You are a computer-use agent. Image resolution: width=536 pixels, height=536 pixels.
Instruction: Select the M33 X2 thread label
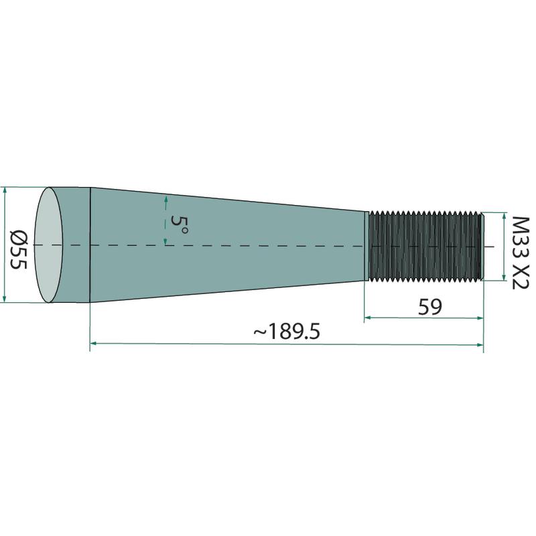tap(521, 253)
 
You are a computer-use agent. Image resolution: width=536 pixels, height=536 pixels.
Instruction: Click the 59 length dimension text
tap(429, 307)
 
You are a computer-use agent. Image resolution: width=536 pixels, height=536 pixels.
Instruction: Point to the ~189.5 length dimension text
tap(287, 332)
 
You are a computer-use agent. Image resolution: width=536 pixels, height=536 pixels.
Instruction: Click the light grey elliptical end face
tap(48, 245)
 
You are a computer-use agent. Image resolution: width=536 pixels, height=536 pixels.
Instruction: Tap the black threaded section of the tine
tap(425, 246)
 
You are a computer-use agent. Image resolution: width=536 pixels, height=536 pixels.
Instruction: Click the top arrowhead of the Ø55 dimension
tap(4, 191)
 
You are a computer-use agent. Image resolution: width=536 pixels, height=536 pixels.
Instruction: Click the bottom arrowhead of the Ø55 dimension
tap(4, 299)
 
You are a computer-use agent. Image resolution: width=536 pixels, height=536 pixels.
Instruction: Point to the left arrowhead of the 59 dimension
tap(368, 318)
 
